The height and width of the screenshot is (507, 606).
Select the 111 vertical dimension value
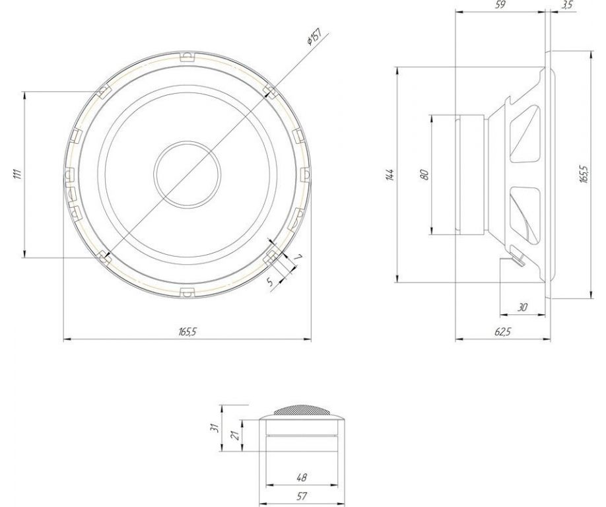pos(17,174)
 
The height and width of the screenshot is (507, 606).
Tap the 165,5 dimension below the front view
pos(187,331)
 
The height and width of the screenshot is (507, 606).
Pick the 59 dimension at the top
pos(500,5)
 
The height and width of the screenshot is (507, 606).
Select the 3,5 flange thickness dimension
pos(566,5)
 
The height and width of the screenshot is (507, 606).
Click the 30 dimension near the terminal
pos(522,307)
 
